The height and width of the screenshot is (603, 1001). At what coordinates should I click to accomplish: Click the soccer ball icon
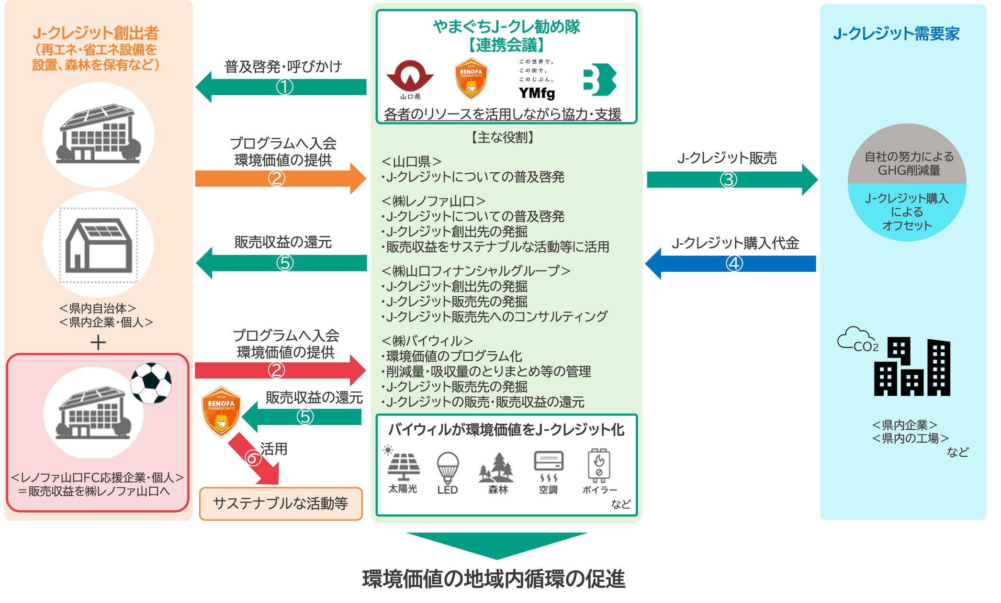(151, 383)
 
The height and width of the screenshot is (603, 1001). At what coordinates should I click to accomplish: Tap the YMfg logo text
(537, 92)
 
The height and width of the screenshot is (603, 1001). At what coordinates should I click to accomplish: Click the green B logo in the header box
(600, 79)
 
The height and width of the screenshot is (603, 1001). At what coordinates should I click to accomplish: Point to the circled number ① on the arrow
(284, 87)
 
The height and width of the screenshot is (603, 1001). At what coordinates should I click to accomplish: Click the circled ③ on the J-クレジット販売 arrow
(728, 180)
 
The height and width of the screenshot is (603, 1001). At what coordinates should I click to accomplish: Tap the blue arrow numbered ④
(731, 263)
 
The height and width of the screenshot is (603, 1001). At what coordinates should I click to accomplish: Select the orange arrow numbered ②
(281, 179)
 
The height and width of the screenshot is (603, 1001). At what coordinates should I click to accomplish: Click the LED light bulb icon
(448, 468)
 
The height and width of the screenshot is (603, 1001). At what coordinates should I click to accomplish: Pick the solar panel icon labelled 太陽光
(403, 464)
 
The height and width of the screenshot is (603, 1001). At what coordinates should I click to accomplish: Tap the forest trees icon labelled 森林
(496, 468)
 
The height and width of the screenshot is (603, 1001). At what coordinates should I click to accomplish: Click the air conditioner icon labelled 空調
(549, 466)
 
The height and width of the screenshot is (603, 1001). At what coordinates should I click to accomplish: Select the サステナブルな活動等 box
(281, 503)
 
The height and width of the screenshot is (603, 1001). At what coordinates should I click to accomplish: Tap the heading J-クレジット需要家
(896, 33)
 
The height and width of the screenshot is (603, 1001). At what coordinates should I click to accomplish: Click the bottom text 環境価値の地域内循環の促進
(494, 579)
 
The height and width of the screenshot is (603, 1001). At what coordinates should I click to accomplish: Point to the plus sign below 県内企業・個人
(98, 343)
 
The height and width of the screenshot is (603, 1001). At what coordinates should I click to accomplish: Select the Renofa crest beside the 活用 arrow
(221, 412)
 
